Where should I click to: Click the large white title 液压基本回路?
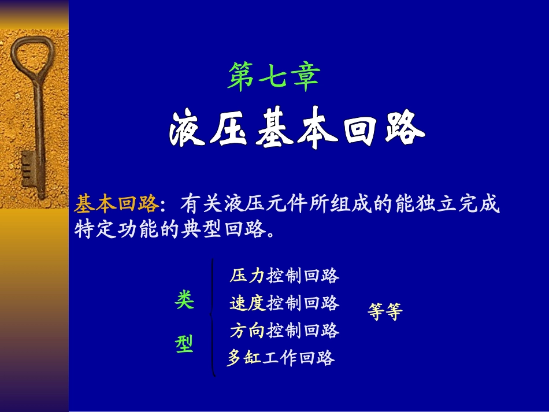click(297, 131)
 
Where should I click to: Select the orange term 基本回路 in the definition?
click(116, 204)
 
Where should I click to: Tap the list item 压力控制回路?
click(284, 276)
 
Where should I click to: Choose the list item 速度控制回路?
click(284, 303)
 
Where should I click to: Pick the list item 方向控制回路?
click(284, 331)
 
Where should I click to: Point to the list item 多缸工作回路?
click(281, 358)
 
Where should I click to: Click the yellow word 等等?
click(384, 312)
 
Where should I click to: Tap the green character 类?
click(184, 300)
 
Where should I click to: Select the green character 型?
click(184, 344)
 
